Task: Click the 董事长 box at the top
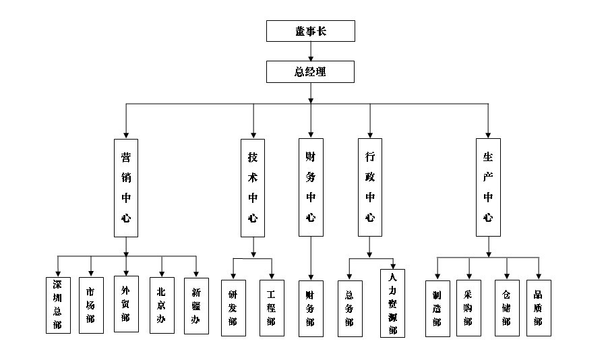[x=310, y=31]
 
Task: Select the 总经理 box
[x=310, y=71]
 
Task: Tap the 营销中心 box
[x=125, y=187]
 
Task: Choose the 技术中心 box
[x=253, y=187]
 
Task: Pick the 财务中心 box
[x=310, y=187]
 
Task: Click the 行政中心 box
[x=369, y=187]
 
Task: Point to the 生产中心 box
[x=488, y=187]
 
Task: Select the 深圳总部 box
[x=57, y=305]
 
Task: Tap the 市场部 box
[x=90, y=305]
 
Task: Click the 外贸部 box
[x=126, y=304]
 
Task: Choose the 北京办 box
[x=162, y=305]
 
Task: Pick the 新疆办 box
[x=196, y=305]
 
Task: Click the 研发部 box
[x=233, y=308]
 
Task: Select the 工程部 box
[x=272, y=308]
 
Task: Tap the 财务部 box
[x=310, y=308]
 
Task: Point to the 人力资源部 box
[x=392, y=303]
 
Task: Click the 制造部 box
[x=437, y=308]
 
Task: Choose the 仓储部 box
[x=506, y=308]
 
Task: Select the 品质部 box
[x=539, y=308]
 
